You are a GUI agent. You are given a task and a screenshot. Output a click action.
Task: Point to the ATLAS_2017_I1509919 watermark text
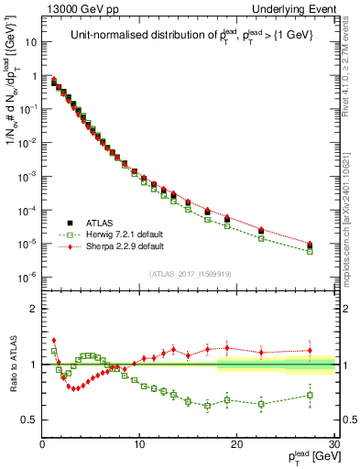(x=190, y=274)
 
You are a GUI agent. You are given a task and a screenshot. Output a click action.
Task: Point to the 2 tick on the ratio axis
(x=34, y=309)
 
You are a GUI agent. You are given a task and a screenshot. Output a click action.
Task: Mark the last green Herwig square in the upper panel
(x=310, y=251)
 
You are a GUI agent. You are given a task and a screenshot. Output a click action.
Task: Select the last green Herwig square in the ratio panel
(x=310, y=396)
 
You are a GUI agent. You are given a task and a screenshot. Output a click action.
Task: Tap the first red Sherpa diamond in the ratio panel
(x=54, y=340)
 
